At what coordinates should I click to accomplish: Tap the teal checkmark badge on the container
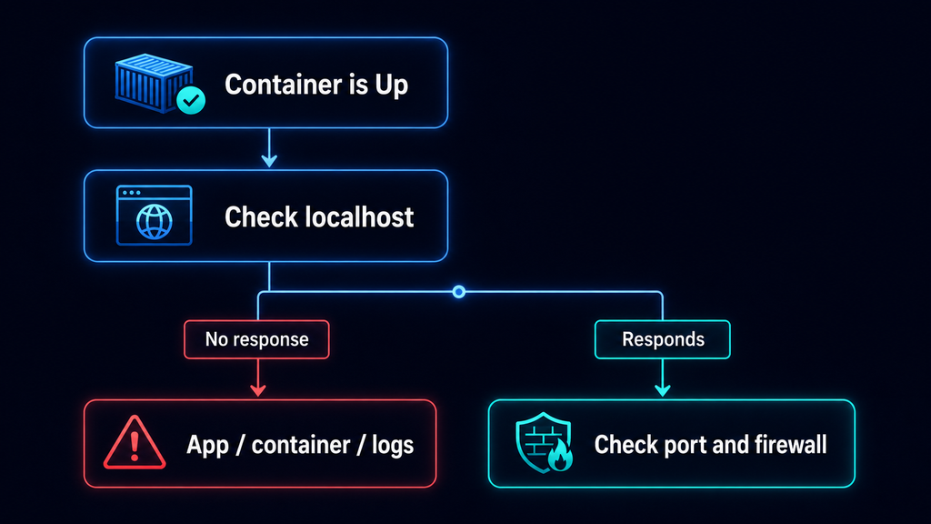tap(191, 100)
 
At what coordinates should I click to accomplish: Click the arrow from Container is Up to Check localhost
tap(269, 147)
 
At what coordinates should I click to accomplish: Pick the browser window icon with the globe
tap(154, 215)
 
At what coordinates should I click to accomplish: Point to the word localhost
tap(359, 217)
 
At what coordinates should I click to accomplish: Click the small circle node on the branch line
tap(458, 292)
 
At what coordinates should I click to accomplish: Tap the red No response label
tap(256, 339)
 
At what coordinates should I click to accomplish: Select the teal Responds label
tap(663, 339)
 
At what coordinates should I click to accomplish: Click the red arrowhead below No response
tap(257, 389)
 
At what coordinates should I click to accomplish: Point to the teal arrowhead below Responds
tap(663, 389)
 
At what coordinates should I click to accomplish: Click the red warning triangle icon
tap(135, 443)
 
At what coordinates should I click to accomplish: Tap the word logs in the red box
tap(393, 446)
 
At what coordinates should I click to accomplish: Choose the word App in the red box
tap(208, 446)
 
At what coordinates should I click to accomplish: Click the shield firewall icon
tap(544, 443)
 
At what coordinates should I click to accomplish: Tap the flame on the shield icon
tap(560, 458)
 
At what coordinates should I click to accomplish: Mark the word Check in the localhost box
tap(261, 217)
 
